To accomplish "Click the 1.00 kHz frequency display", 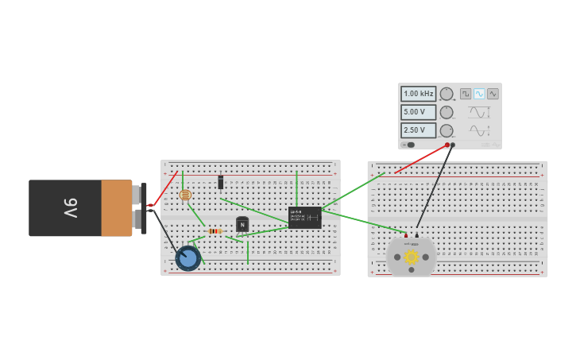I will (418, 94).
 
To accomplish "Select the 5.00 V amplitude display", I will (418, 112).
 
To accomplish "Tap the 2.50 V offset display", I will (418, 130).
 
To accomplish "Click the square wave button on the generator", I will (466, 94).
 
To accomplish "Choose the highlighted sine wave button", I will (479, 94).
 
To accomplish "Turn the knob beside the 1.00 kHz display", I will (446, 94).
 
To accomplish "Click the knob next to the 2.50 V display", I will (446, 130).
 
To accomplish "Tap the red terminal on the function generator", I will (447, 145).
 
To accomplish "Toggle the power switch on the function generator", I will (409, 145).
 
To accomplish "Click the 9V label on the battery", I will (70, 208).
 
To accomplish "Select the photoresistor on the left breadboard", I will (185, 195).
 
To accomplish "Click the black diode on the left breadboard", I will (221, 183).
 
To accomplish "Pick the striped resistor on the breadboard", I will (215, 231).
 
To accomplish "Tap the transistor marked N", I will (242, 225).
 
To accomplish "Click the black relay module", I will (305, 217).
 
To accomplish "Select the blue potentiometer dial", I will (188, 258).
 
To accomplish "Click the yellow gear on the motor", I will (412, 257).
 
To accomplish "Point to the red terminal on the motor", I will (407, 235).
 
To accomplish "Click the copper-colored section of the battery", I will (117, 208).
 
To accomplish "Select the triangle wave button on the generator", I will (493, 94).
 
